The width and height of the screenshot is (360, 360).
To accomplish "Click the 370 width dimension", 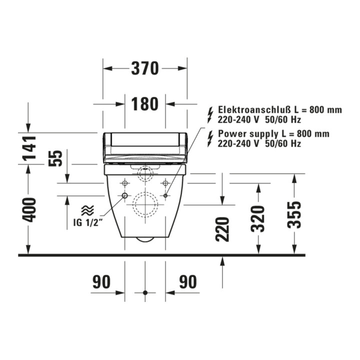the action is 145,68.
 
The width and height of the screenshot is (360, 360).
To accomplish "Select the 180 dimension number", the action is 144,104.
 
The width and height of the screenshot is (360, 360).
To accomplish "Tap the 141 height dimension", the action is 29,148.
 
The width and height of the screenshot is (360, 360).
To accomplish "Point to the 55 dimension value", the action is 55,158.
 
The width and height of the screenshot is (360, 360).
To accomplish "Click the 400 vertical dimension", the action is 29,210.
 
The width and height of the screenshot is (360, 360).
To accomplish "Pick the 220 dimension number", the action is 222,229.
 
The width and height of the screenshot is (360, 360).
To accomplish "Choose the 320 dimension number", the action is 257,219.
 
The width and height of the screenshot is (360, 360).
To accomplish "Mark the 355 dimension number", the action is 294,215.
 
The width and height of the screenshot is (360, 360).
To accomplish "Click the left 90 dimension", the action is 101,281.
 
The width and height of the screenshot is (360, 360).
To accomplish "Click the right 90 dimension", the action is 188,281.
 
